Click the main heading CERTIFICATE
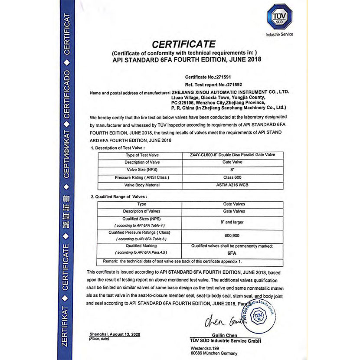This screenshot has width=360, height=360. tap(183, 44)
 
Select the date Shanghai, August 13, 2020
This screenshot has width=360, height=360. tap(115, 334)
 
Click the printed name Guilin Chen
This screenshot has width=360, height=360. tap(225, 335)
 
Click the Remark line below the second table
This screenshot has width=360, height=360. tap(172, 262)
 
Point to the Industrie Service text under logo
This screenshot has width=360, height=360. tap(279, 34)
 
